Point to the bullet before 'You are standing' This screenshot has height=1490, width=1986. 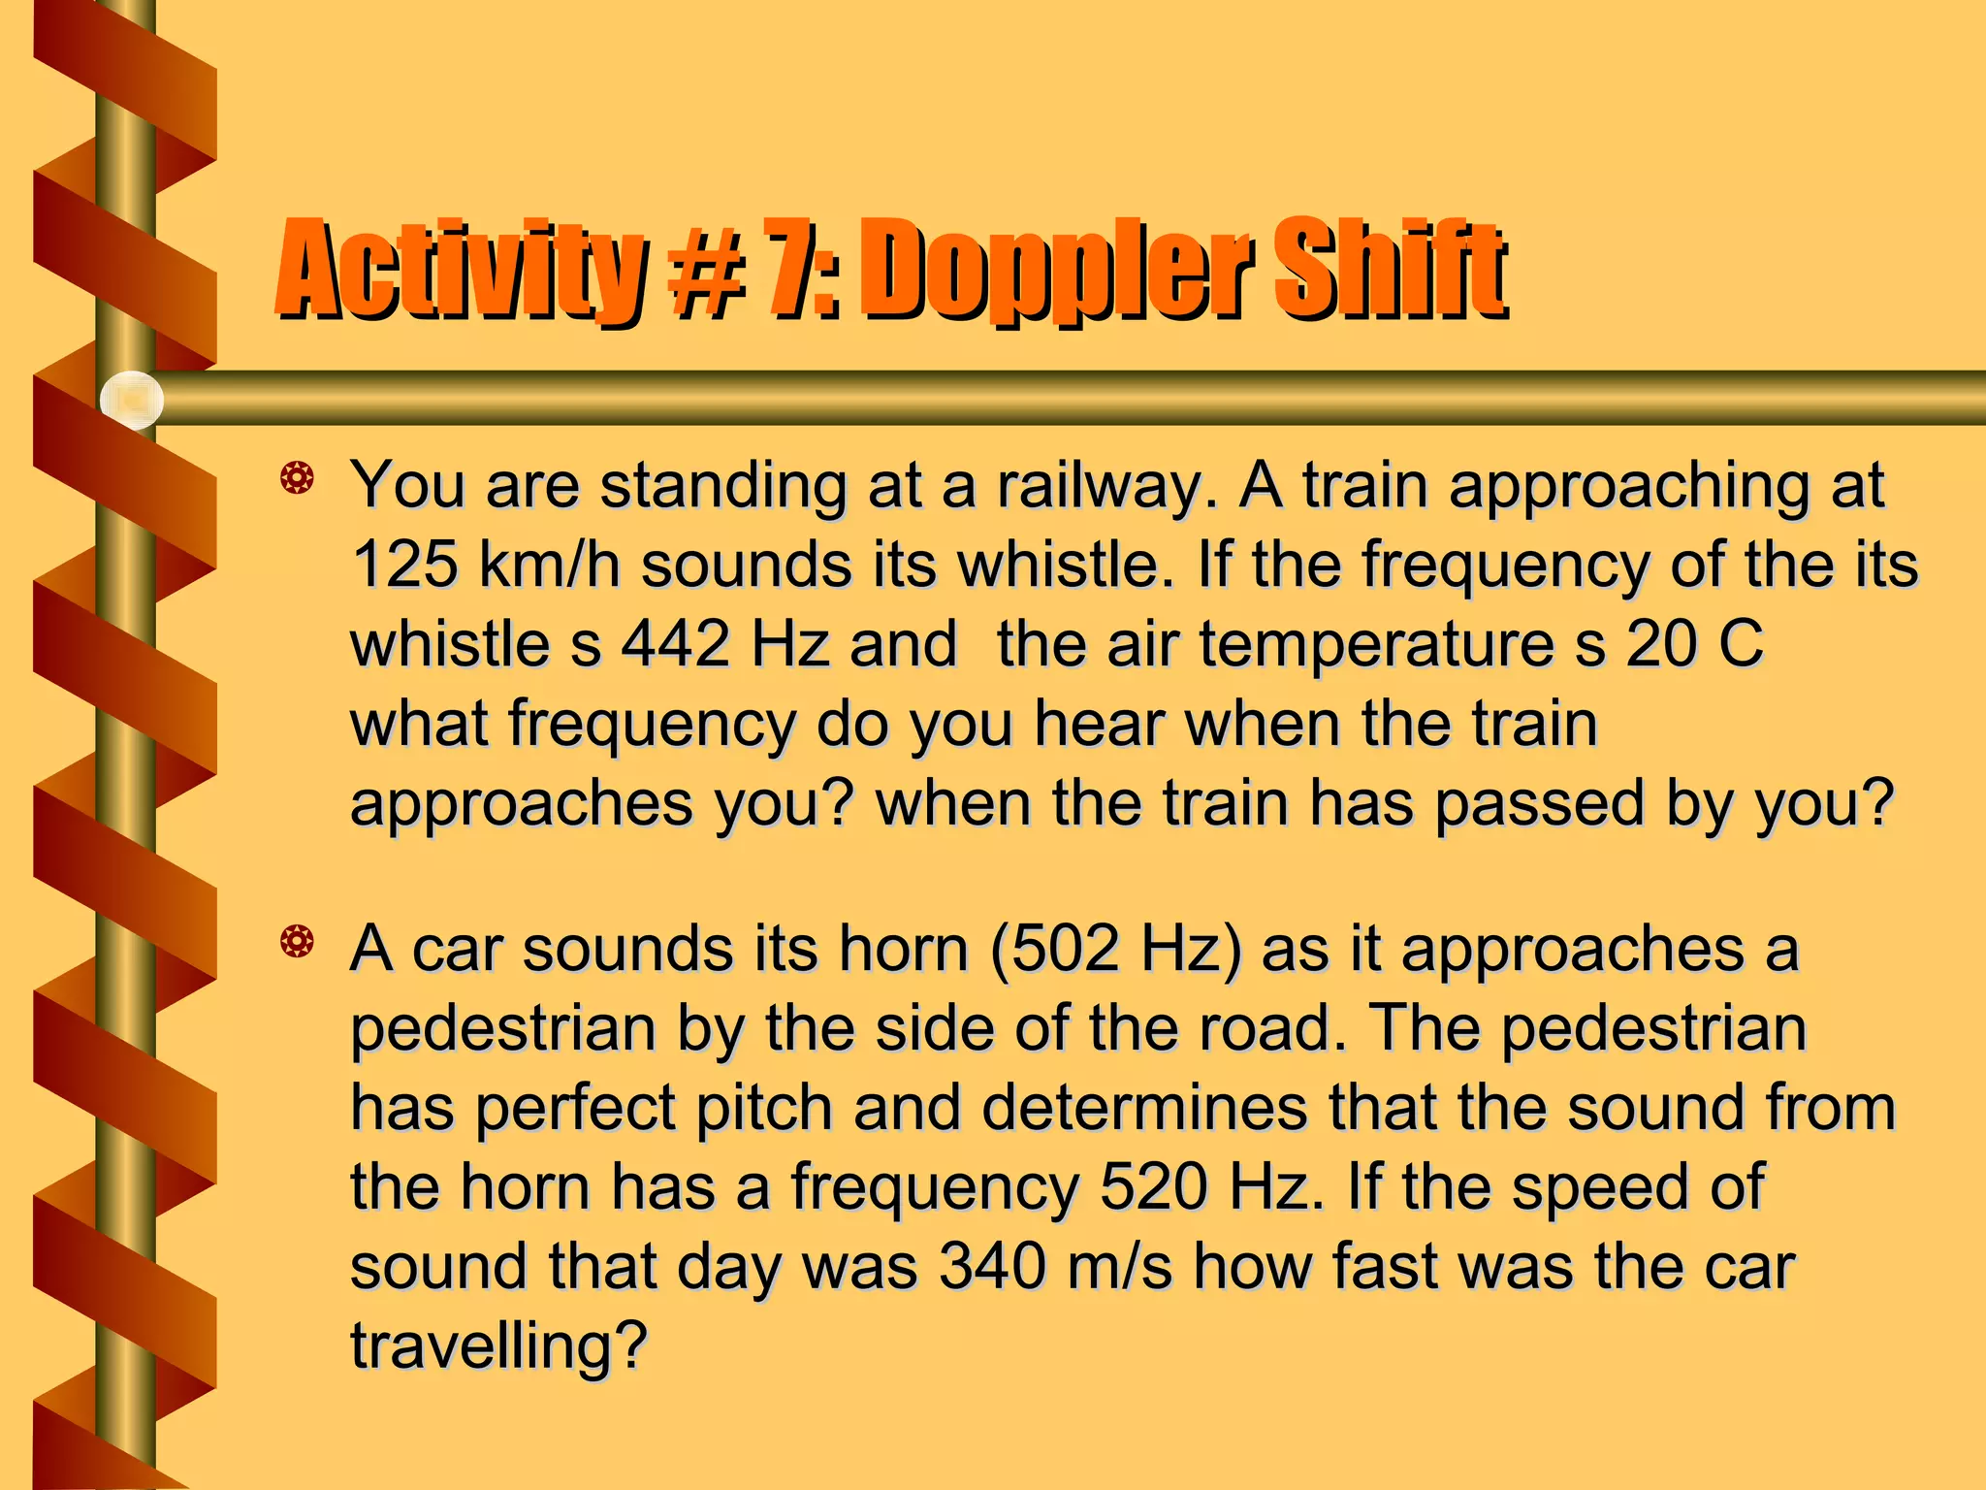coord(297,477)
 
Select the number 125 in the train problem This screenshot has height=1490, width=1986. coord(404,564)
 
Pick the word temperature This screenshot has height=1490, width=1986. coord(1376,645)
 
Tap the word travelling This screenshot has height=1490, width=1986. coord(497,1346)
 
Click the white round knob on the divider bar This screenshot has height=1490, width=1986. coord(132,400)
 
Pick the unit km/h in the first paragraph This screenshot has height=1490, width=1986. coord(549,564)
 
